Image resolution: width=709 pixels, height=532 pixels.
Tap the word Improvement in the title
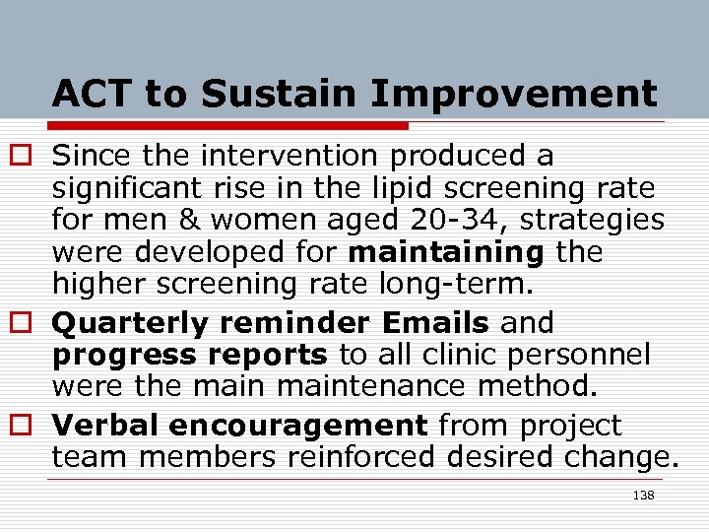[515, 95]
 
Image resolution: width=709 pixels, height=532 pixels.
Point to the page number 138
[643, 495]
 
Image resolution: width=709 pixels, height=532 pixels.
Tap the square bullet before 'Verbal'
[28, 427]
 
